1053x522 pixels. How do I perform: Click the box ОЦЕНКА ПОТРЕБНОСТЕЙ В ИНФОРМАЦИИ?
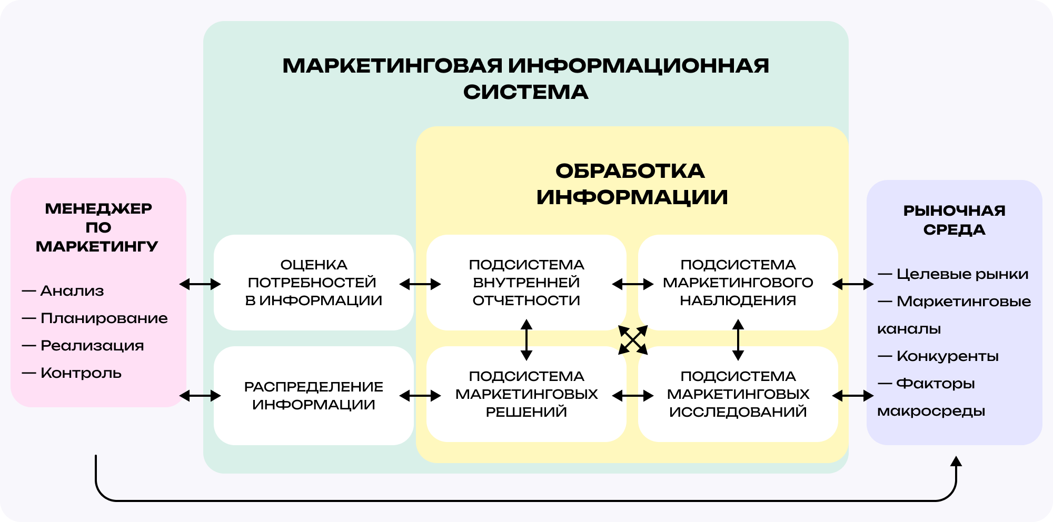tap(314, 283)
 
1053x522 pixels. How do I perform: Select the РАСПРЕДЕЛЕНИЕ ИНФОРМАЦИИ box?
tap(314, 396)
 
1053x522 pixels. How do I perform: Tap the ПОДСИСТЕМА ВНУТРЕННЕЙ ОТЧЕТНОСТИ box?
tap(526, 283)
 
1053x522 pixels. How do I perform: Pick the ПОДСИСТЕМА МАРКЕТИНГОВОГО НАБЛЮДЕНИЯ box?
tap(738, 283)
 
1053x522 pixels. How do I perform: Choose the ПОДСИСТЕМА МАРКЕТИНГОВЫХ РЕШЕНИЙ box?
tap(526, 394)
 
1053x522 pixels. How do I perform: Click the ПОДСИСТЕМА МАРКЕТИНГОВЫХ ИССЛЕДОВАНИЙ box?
tap(738, 394)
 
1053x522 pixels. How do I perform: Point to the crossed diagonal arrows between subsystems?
tap(632, 340)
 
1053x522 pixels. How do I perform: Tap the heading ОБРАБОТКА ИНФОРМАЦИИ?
tap(631, 184)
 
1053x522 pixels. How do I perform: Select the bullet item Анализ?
tap(72, 291)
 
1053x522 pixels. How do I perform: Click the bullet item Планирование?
tap(104, 318)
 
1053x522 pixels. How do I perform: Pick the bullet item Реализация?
tap(92, 346)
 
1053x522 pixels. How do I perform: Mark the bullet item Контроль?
tap(81, 373)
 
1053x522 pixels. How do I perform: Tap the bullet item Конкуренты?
tap(947, 356)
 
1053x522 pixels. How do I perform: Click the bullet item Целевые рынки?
tap(962, 274)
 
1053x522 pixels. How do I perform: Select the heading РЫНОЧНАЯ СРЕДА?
tap(954, 220)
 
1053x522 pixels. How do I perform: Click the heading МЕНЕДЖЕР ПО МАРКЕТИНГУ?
tap(98, 227)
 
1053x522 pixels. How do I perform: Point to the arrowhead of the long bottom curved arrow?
tap(956, 462)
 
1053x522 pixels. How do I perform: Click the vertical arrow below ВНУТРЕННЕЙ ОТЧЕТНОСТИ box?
tap(526, 340)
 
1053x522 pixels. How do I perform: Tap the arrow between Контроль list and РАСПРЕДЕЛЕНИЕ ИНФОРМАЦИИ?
tap(200, 396)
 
